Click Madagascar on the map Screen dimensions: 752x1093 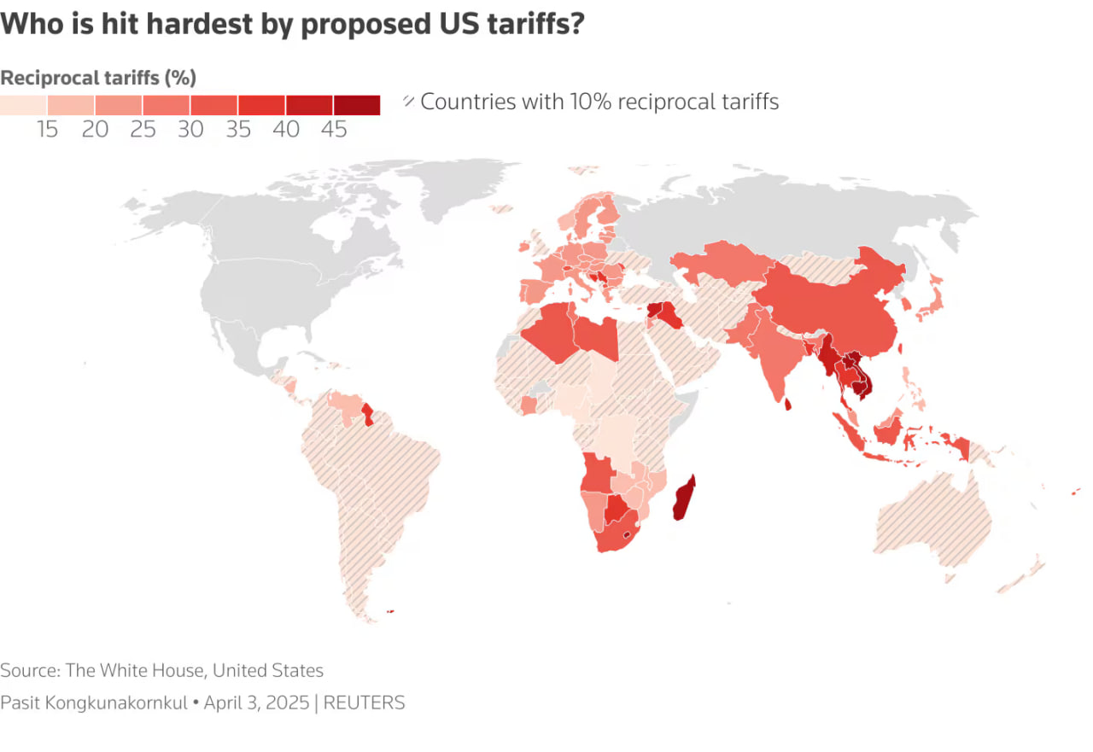pyautogui.click(x=684, y=500)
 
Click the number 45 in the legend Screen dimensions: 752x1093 pyautogui.click(x=335, y=130)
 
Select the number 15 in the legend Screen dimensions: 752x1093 pyautogui.click(x=48, y=130)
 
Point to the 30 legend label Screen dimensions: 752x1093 pyautogui.click(x=191, y=130)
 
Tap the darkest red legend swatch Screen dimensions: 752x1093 pyautogui.click(x=357, y=105)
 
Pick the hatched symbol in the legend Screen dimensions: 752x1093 pyautogui.click(x=409, y=102)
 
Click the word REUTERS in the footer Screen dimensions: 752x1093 pyautogui.click(x=365, y=703)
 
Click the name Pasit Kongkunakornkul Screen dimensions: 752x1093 pyautogui.click(x=94, y=703)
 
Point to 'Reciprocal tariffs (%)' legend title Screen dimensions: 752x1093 pyautogui.click(x=98, y=78)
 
